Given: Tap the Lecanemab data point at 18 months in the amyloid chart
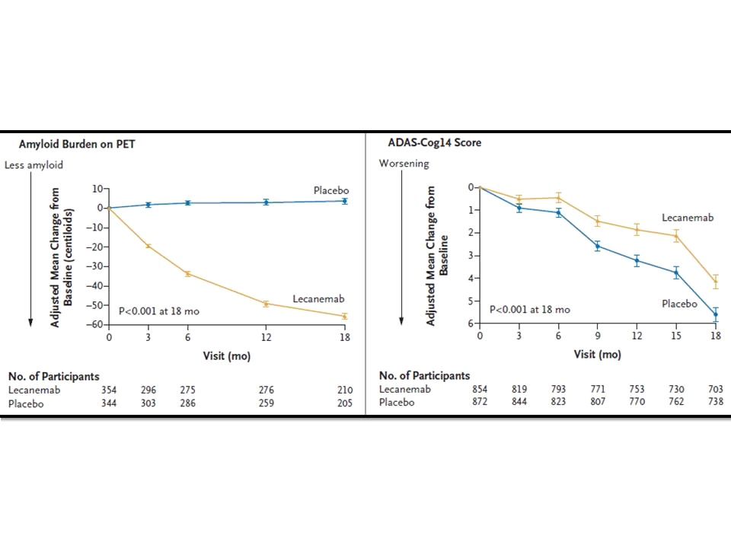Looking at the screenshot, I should (344, 316).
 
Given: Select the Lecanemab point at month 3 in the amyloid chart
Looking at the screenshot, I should (148, 246).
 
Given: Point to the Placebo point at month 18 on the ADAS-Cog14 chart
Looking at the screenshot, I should (715, 314).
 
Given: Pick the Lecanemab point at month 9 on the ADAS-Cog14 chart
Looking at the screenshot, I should (598, 221).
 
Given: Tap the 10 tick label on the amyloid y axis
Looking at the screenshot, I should (97, 188).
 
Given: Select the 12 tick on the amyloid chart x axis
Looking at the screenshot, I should (266, 338).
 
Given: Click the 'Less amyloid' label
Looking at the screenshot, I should (34, 164).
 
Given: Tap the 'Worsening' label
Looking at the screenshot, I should (404, 164).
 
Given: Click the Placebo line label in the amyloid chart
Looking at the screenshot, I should (330, 189).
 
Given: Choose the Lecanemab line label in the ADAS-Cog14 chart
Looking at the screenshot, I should (688, 218).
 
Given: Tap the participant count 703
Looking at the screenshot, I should (715, 390).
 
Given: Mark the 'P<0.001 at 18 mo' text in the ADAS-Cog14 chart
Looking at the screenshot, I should (529, 310).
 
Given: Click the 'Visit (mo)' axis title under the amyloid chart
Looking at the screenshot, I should (226, 355).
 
